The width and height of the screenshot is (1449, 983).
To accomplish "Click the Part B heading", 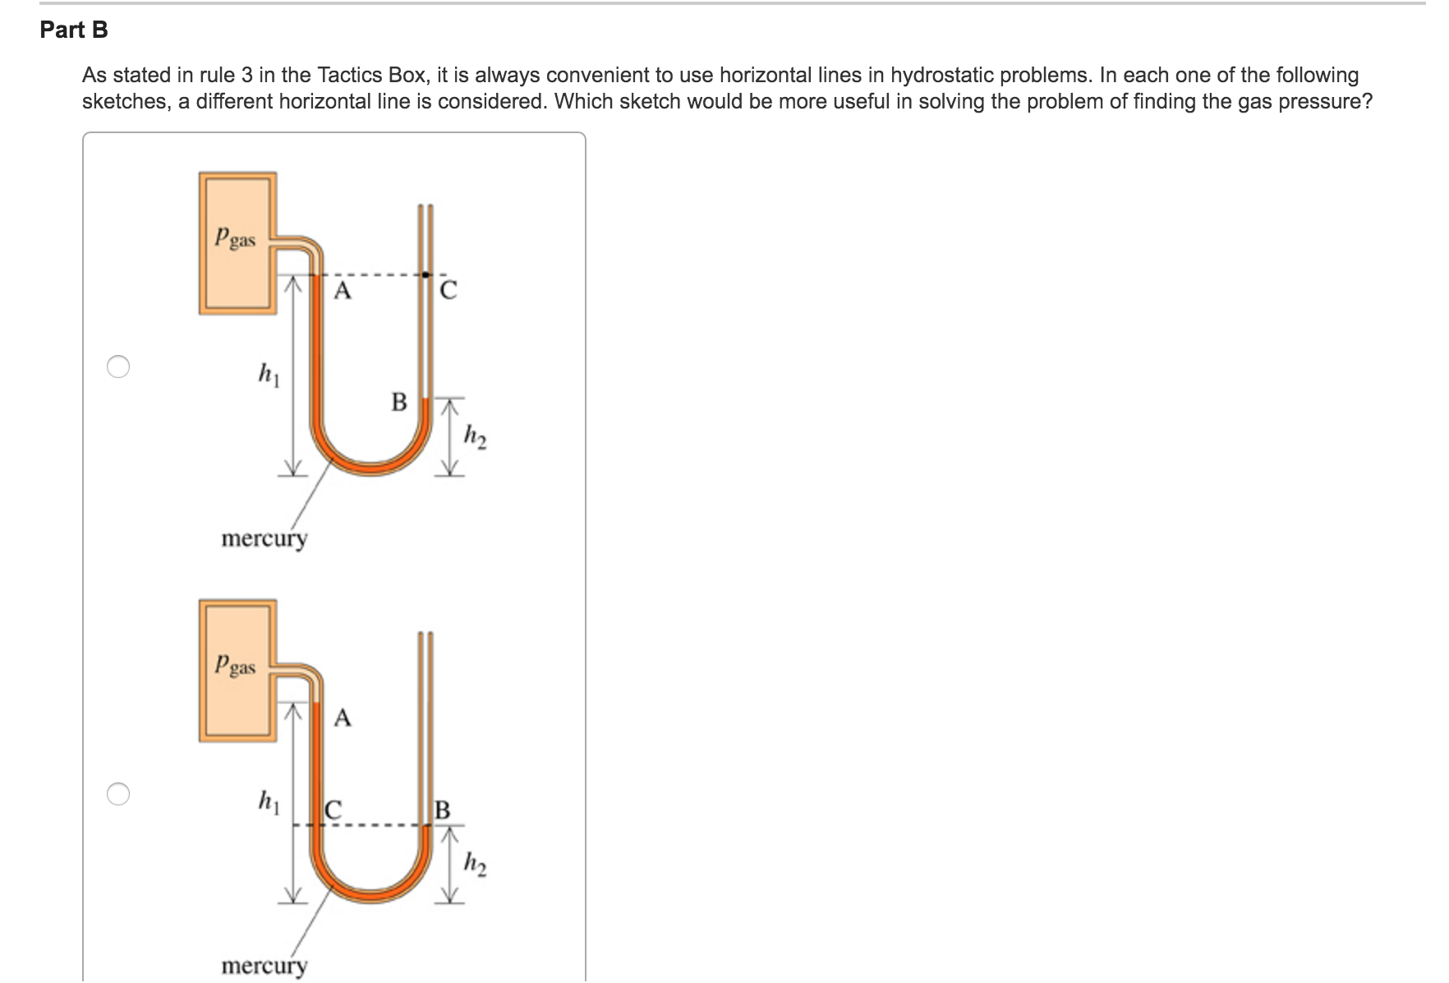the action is click(74, 30).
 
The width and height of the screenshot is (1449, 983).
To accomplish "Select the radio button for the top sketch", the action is click(118, 367).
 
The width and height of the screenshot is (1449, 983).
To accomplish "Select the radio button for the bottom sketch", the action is click(118, 794).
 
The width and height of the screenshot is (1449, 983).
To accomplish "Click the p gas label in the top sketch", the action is click(235, 238).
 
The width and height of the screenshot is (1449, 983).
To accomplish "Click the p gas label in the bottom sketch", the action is click(235, 666).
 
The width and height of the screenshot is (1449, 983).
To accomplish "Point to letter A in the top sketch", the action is click(343, 291).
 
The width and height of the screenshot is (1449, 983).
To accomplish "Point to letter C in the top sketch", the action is click(448, 291).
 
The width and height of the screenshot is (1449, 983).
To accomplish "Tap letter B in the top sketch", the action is click(399, 402).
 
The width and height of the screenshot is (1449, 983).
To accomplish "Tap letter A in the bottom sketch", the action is click(343, 718).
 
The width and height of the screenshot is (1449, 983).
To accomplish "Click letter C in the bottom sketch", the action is click(333, 810).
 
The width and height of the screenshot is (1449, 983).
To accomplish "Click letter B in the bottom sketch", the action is click(442, 810).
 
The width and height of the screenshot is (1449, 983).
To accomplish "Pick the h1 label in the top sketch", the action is click(269, 375).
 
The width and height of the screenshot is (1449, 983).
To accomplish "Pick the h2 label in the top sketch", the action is click(476, 436).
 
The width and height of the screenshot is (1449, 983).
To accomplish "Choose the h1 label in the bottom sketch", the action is click(269, 801).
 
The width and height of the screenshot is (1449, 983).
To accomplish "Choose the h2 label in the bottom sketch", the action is click(476, 864).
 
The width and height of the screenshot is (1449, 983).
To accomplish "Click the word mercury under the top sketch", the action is click(264, 539).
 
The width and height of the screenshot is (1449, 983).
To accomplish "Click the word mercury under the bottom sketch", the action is click(264, 966).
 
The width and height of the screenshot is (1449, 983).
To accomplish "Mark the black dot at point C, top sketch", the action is click(425, 275).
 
